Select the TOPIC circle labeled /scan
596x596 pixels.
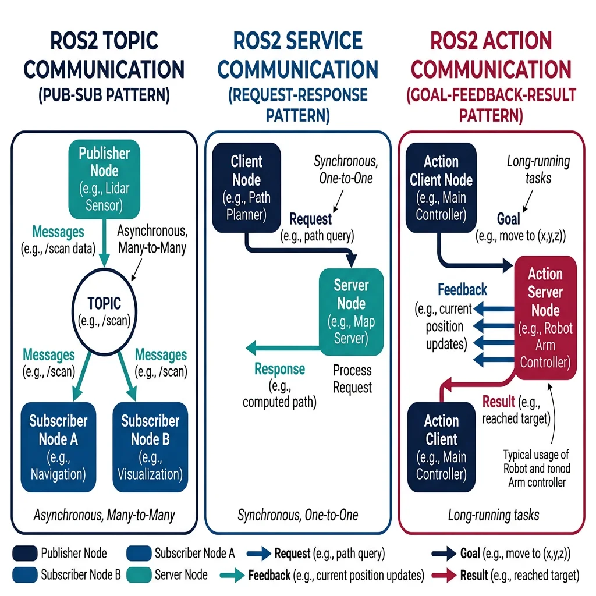coord(104,311)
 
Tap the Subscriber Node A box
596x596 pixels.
coord(58,447)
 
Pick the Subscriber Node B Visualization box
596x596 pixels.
coord(150,447)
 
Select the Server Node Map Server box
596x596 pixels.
coord(351,311)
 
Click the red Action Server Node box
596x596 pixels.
coord(545,318)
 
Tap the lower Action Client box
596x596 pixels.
coord(441,447)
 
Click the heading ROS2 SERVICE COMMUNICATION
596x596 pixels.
coord(297,55)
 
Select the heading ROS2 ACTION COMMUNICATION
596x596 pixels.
coord(491,55)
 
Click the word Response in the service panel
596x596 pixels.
coord(279,369)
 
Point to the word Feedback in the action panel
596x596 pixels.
coord(462,289)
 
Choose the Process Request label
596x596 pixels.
coord(352,378)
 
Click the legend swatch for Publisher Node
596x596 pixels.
coord(24,553)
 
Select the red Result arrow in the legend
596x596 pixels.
coord(444,576)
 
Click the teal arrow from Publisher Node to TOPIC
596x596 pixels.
coord(104,245)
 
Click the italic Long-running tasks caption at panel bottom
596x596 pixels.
coord(493,515)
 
